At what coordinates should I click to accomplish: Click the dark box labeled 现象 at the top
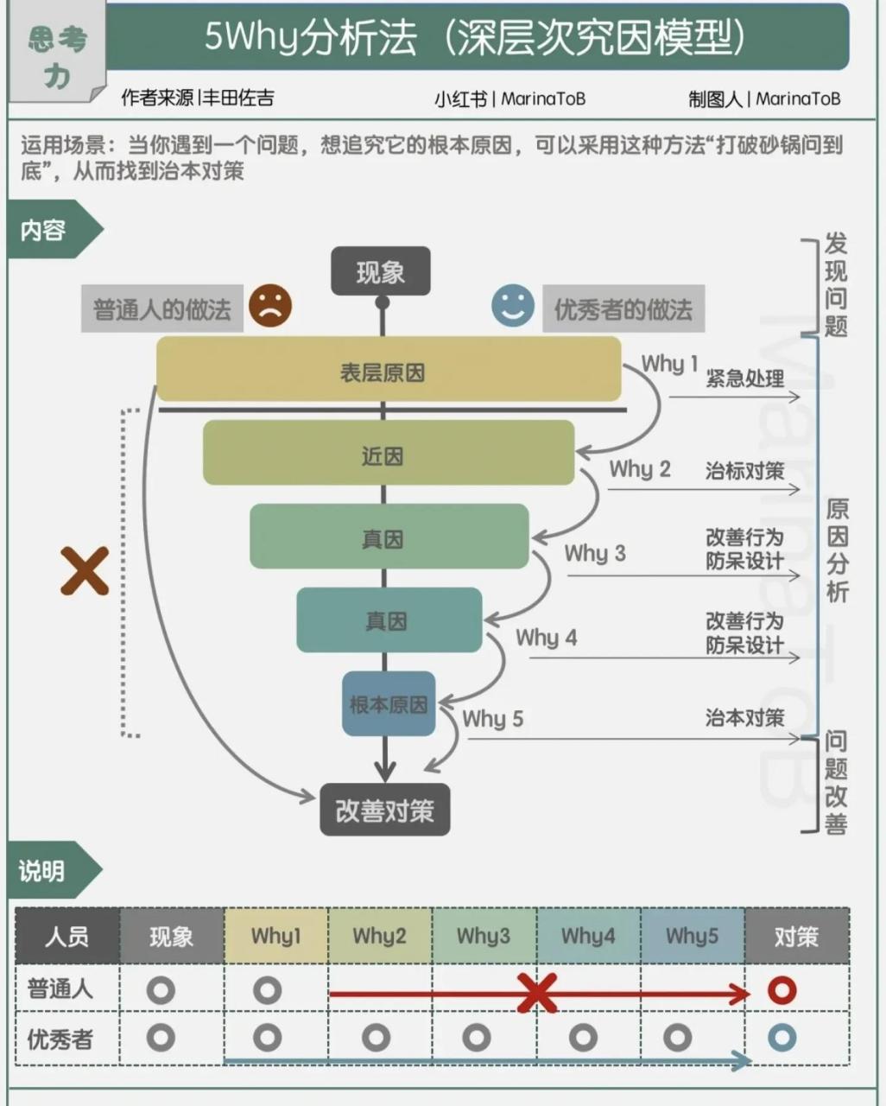pos(381,272)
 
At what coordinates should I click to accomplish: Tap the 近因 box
pos(388,453)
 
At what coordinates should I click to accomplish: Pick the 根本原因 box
pos(388,703)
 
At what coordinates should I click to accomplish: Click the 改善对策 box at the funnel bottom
pos(385,810)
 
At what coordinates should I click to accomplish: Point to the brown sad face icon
pos(270,306)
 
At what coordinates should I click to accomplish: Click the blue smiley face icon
pos(513,306)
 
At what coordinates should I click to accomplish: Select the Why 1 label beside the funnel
pos(669,364)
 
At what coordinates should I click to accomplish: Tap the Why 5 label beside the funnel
pos(492,719)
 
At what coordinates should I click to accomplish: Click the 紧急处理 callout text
pos(745,378)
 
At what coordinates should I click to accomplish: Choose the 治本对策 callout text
pos(745,717)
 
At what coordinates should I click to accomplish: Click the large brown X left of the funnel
pos(85,571)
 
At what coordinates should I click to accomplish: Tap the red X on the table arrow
pos(537,992)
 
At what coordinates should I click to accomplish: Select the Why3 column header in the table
pos(484,936)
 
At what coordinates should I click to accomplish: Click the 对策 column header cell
pos(796,936)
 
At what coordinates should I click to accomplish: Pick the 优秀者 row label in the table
pos(60,1039)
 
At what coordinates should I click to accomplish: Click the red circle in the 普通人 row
pos(782,990)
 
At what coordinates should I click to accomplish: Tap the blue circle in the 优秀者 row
pos(782,1038)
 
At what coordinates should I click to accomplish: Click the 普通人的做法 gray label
pos(162,309)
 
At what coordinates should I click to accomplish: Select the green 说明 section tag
pos(43,870)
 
